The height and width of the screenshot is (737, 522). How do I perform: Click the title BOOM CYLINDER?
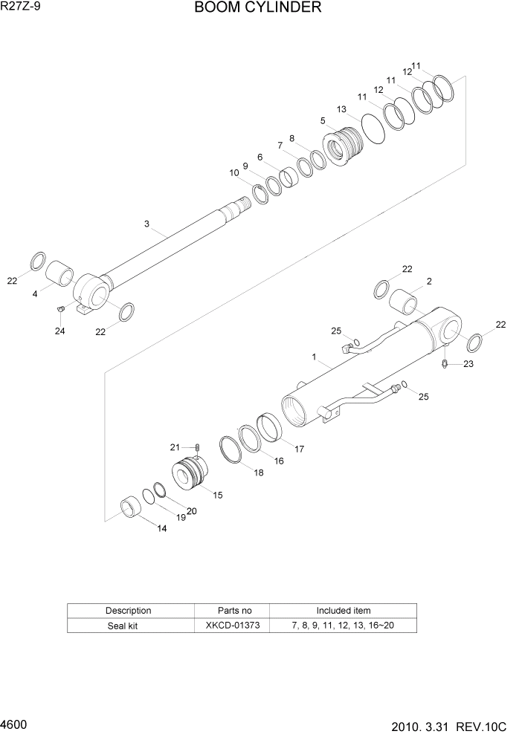(x=257, y=8)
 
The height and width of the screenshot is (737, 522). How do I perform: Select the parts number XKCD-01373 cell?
(x=233, y=626)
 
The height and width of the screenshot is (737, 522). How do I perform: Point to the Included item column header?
(x=343, y=611)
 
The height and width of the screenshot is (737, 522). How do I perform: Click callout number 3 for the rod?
(x=146, y=224)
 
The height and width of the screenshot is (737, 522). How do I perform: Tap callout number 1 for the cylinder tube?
(x=315, y=357)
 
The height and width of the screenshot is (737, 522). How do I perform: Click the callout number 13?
(x=341, y=109)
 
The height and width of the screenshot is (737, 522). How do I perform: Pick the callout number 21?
(x=175, y=447)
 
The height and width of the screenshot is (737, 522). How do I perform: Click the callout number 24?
(x=59, y=331)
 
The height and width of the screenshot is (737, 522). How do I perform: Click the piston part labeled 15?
(x=190, y=474)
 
